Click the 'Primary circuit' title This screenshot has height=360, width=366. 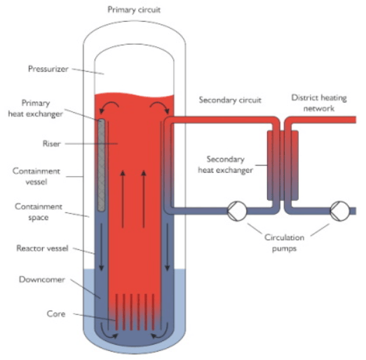134,10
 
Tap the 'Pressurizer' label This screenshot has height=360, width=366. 48,69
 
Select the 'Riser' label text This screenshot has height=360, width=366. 51,143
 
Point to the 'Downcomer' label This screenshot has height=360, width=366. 42,279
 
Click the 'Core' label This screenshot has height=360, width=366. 56,314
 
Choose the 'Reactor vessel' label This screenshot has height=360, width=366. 42,248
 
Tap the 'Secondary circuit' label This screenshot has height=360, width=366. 230,100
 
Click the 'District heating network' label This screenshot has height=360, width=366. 319,103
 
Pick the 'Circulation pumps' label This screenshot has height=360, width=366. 284,243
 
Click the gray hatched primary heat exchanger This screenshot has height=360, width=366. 101,165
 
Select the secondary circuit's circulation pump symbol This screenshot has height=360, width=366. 237,211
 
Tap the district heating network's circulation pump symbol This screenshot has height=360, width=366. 339,211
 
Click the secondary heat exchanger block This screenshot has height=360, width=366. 283,165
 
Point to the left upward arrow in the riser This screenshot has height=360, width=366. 123,199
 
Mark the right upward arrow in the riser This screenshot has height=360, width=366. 144,199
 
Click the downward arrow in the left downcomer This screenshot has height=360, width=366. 101,247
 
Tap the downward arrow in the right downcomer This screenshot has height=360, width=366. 167,247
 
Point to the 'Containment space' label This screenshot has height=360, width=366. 39,212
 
